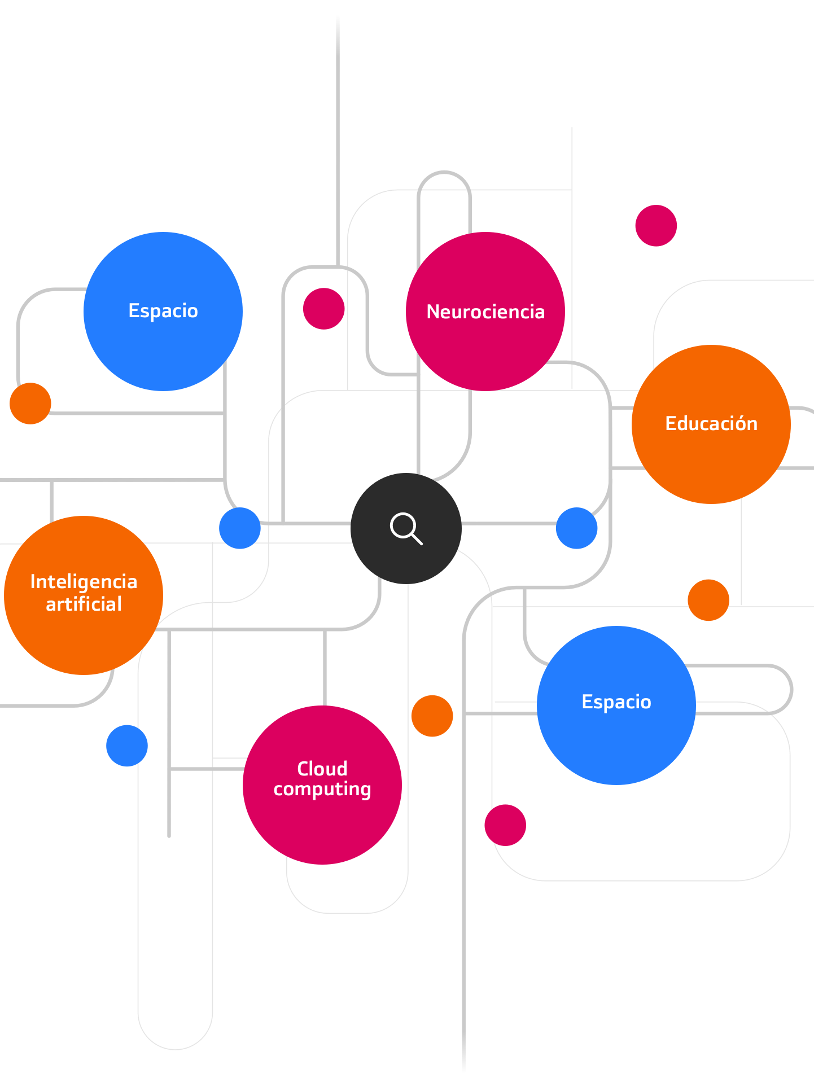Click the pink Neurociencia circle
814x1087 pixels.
485,312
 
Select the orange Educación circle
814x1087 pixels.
711,424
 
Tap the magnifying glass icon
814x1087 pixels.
406,528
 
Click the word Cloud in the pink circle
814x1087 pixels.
322,769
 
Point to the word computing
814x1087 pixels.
322,789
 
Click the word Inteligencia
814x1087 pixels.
84,582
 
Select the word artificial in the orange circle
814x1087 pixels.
84,604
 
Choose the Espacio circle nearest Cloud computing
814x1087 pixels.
616,705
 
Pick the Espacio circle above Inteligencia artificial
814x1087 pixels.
163,312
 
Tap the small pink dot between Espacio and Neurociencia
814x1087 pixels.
323,309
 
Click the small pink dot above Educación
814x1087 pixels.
656,226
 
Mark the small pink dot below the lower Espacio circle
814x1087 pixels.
505,825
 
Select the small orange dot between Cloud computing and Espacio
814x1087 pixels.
432,716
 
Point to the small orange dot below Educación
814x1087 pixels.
708,600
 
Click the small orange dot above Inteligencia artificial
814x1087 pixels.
30,404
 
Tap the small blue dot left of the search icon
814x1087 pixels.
240,528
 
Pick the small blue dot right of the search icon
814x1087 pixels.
576,528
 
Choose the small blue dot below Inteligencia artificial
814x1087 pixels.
127,746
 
